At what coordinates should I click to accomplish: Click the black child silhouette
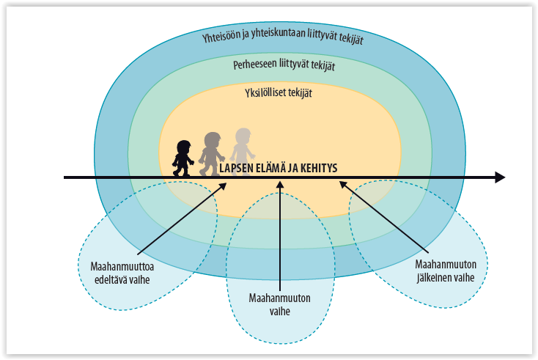(183, 158)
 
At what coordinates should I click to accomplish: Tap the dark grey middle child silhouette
(212, 154)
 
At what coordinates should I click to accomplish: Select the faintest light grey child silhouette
(243, 152)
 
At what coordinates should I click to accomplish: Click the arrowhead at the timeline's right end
(500, 177)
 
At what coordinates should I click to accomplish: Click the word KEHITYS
(319, 168)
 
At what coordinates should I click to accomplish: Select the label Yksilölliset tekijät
(279, 93)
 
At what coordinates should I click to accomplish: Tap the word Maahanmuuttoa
(122, 267)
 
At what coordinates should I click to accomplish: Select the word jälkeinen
(433, 278)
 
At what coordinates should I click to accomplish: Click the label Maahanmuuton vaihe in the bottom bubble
(280, 304)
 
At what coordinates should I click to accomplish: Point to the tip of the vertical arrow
(280, 182)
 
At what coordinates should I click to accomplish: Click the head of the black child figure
(183, 147)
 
